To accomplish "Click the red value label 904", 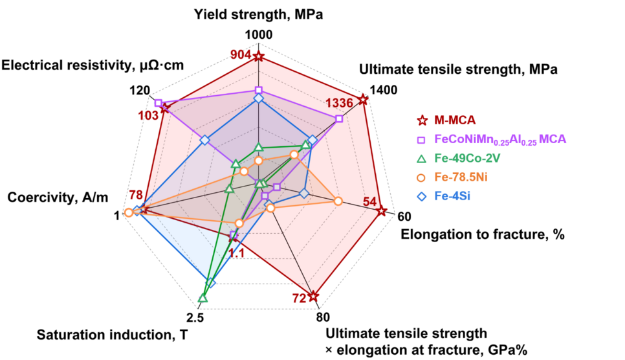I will [x=240, y=55].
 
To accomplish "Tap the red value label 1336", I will [x=339, y=102].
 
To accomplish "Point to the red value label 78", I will [x=136, y=196].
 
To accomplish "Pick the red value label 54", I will [x=369, y=201].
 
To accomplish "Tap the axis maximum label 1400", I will [x=384, y=91].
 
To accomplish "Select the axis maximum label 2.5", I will [x=195, y=317].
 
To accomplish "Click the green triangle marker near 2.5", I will [x=203, y=298].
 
